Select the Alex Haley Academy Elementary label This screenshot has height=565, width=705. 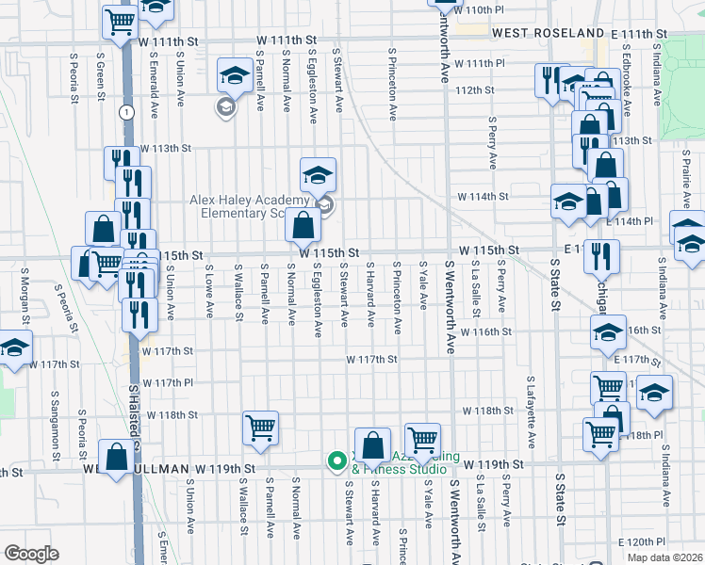click(250, 206)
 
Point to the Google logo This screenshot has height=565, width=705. click(31, 554)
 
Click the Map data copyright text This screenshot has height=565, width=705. click(665, 557)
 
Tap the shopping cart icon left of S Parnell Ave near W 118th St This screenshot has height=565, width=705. click(260, 428)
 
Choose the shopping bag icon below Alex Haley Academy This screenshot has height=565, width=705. click(303, 226)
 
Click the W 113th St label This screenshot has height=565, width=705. click(165, 149)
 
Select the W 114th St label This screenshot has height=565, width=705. click(483, 197)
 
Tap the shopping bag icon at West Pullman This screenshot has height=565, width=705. click(116, 459)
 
